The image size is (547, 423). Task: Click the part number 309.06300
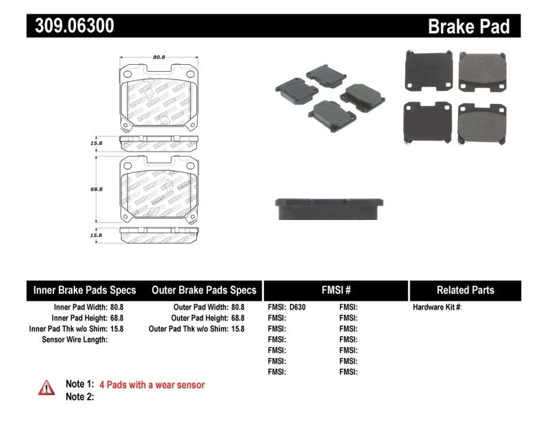70,26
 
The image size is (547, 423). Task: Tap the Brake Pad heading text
468,27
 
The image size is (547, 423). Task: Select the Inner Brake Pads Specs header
85,290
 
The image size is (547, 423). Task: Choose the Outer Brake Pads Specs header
204,290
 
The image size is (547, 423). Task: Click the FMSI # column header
335,290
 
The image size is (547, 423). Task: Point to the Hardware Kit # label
437,308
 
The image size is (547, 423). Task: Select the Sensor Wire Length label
75,340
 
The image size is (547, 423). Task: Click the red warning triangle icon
46,387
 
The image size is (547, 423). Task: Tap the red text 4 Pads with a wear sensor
152,385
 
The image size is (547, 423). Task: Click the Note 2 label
79,397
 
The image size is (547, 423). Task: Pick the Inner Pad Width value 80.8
116,308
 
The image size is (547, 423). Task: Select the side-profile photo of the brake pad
328,208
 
